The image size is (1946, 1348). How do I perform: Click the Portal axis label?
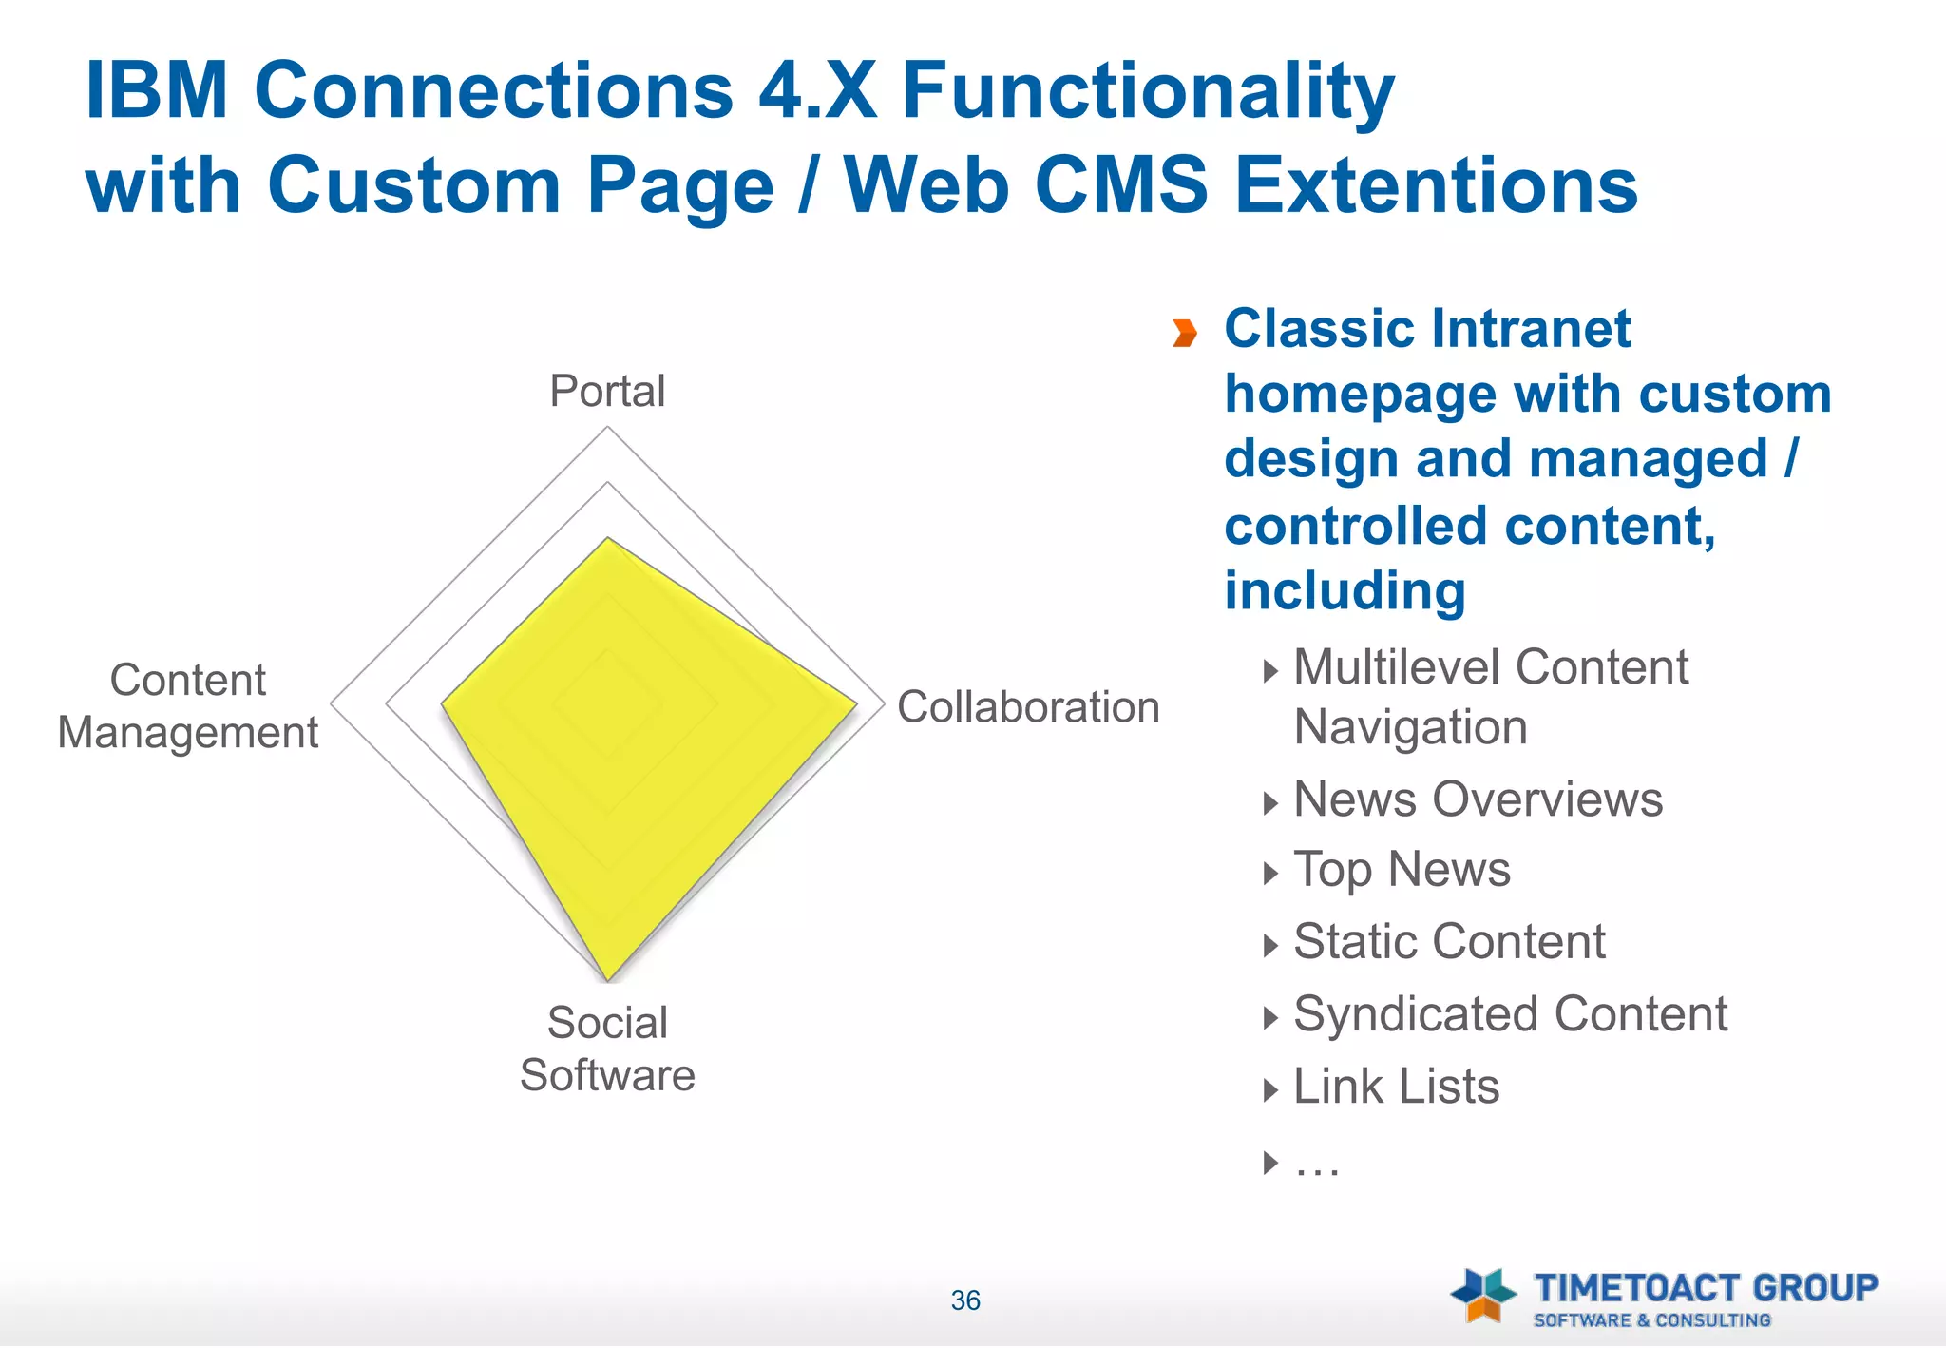[607, 391]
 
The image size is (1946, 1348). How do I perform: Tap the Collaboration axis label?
[1028, 707]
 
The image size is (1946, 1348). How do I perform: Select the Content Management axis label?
[188, 706]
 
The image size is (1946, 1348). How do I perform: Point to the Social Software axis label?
[607, 1049]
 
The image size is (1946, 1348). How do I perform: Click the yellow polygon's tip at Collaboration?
[855, 704]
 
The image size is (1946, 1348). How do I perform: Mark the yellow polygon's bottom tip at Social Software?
[608, 978]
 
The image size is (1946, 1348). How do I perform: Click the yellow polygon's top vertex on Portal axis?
[608, 540]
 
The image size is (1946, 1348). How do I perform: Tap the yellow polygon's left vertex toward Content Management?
[444, 704]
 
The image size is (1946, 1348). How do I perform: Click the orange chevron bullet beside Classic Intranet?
[1184, 333]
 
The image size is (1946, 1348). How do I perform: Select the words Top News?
[1402, 870]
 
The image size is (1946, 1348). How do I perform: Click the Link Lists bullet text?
[1396, 1087]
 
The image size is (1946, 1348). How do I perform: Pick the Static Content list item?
[1449, 942]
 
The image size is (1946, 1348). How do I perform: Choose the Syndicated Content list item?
[1510, 1014]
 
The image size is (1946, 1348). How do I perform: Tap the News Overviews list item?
[1478, 799]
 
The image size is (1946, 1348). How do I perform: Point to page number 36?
[965, 1300]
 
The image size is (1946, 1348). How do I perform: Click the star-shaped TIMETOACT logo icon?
[1483, 1295]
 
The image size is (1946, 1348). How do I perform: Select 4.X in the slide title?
[817, 91]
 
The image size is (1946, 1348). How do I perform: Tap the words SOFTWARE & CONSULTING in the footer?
[1651, 1320]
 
